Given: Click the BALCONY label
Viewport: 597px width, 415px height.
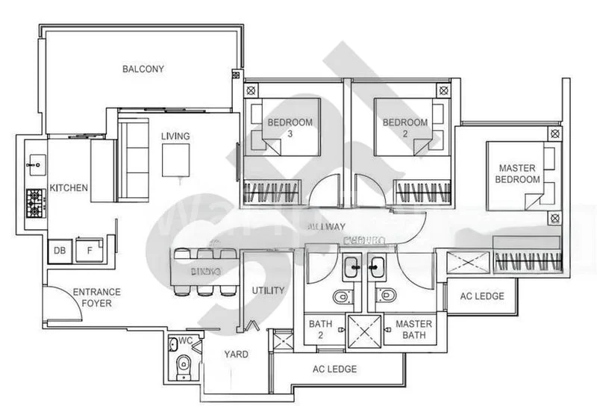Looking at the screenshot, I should [x=143, y=69].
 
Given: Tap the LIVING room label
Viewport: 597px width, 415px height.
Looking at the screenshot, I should [x=175, y=137].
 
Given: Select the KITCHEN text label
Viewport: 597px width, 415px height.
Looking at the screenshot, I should [x=69, y=187].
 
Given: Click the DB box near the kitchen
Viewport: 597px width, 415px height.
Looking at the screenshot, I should [x=60, y=252].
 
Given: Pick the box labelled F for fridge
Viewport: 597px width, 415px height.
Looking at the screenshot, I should [x=90, y=252].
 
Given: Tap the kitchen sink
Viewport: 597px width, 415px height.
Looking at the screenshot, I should [x=34, y=161].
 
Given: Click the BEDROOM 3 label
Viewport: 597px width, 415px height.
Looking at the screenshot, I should [x=290, y=128].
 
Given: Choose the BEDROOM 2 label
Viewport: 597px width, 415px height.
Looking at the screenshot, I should [x=405, y=128].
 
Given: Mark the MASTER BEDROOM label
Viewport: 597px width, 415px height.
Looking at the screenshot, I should [x=519, y=174].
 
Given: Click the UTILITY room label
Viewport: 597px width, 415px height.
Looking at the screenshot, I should [x=269, y=290].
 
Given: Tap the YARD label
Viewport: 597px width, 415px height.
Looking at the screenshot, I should [x=237, y=355].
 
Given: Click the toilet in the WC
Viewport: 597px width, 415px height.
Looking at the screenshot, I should [x=184, y=366].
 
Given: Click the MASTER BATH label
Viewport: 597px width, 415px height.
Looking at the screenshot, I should [x=414, y=330].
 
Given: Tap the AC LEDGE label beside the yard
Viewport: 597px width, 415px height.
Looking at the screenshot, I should [x=334, y=369].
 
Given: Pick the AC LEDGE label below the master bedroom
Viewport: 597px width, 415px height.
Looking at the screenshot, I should [x=481, y=296].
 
